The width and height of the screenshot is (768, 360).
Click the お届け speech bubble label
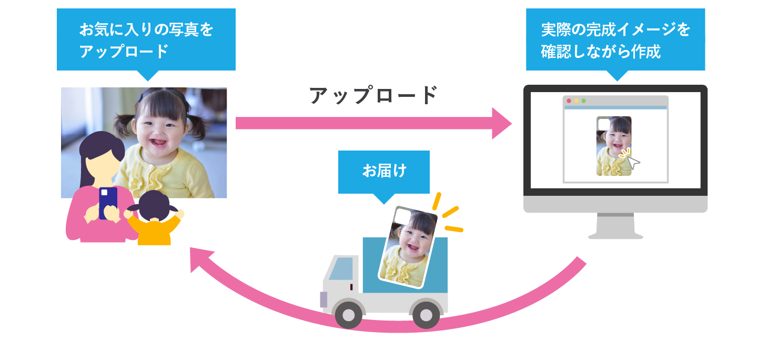coord(384,172)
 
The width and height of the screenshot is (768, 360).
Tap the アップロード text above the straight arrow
coord(373,95)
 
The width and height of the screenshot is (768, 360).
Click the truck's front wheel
coord(348,315)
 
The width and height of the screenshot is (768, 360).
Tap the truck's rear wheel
coord(426,315)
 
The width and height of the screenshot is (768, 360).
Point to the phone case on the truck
coord(408,246)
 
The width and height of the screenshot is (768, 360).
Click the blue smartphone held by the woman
coord(108,202)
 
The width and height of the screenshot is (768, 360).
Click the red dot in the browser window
coord(569,101)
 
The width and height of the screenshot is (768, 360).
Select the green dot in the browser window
coord(583,101)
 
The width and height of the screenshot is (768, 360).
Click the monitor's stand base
coord(615,235)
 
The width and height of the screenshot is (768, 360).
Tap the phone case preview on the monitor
coord(613,146)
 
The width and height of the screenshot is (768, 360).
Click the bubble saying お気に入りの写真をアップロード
coord(146,40)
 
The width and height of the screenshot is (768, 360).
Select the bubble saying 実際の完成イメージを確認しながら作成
coord(615,40)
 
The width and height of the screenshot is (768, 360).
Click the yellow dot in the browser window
coord(576,101)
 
